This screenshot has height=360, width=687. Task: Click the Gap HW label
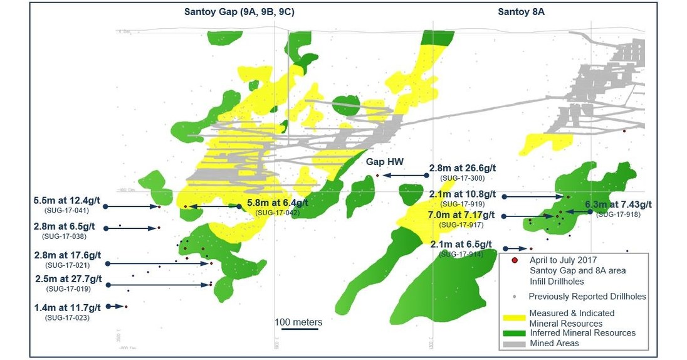point(385,162)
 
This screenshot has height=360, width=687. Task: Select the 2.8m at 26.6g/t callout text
point(463,168)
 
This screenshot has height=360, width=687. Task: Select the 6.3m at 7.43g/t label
point(618,204)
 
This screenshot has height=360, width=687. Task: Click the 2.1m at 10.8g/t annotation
point(463,194)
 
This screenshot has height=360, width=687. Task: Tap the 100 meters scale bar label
point(298,322)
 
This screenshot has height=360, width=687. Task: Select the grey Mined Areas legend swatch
point(513,344)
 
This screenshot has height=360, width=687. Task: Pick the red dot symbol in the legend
point(514,260)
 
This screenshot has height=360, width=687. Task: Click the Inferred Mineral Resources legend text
point(582,333)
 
